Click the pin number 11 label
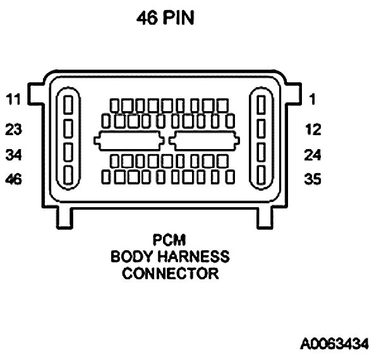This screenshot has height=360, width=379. click(13, 99)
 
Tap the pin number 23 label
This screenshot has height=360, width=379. click(13, 130)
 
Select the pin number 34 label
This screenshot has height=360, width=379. click(13, 155)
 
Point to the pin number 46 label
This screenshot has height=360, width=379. click(13, 179)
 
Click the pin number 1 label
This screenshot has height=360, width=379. click(312, 99)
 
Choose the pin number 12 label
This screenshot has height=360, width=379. click(312, 130)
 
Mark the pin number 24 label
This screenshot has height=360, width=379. click(312, 155)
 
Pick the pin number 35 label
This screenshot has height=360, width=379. click(312, 179)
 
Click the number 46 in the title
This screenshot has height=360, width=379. click(148, 19)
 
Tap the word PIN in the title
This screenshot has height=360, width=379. click(179, 19)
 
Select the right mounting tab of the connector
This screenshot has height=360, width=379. click(291, 95)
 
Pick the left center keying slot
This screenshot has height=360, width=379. click(129, 141)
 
